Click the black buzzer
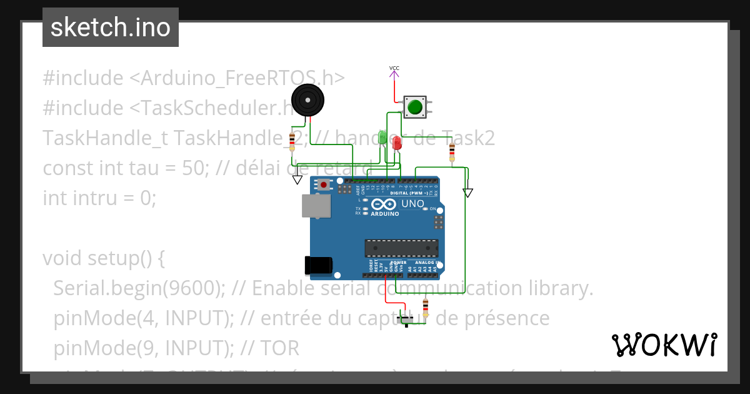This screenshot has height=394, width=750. tap(308, 100)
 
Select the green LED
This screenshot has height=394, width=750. tap(382, 136)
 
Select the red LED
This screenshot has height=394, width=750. tap(397, 142)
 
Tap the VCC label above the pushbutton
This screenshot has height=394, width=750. tap(394, 68)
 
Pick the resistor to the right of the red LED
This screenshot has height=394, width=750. tap(452, 152)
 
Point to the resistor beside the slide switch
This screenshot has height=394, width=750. tap(426, 308)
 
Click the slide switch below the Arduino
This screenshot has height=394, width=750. tap(407, 321)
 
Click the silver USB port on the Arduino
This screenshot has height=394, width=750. tap(317, 205)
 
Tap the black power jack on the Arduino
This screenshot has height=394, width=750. tap(318, 265)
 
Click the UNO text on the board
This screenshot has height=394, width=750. tap(412, 204)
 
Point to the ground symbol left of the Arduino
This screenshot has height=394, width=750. tap(297, 180)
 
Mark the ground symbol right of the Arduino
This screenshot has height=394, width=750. tap(468, 193)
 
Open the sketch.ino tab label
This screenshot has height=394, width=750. tap(111, 28)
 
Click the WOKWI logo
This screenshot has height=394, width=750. tap(664, 345)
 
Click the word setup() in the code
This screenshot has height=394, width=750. tap(124, 258)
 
